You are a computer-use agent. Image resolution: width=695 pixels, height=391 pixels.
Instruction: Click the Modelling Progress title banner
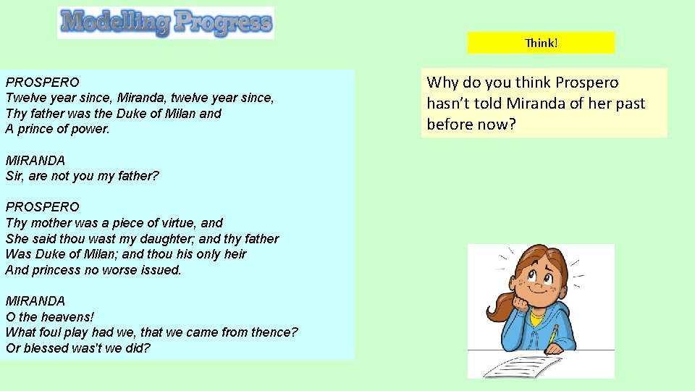coord(166,22)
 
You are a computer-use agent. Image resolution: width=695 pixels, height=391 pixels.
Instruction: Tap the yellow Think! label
coord(541,43)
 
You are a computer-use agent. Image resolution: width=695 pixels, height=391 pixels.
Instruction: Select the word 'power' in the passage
coord(91,129)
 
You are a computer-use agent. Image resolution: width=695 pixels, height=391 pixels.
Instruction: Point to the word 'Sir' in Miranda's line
coord(14,176)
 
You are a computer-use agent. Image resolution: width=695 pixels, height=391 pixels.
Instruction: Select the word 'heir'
coord(235,254)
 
